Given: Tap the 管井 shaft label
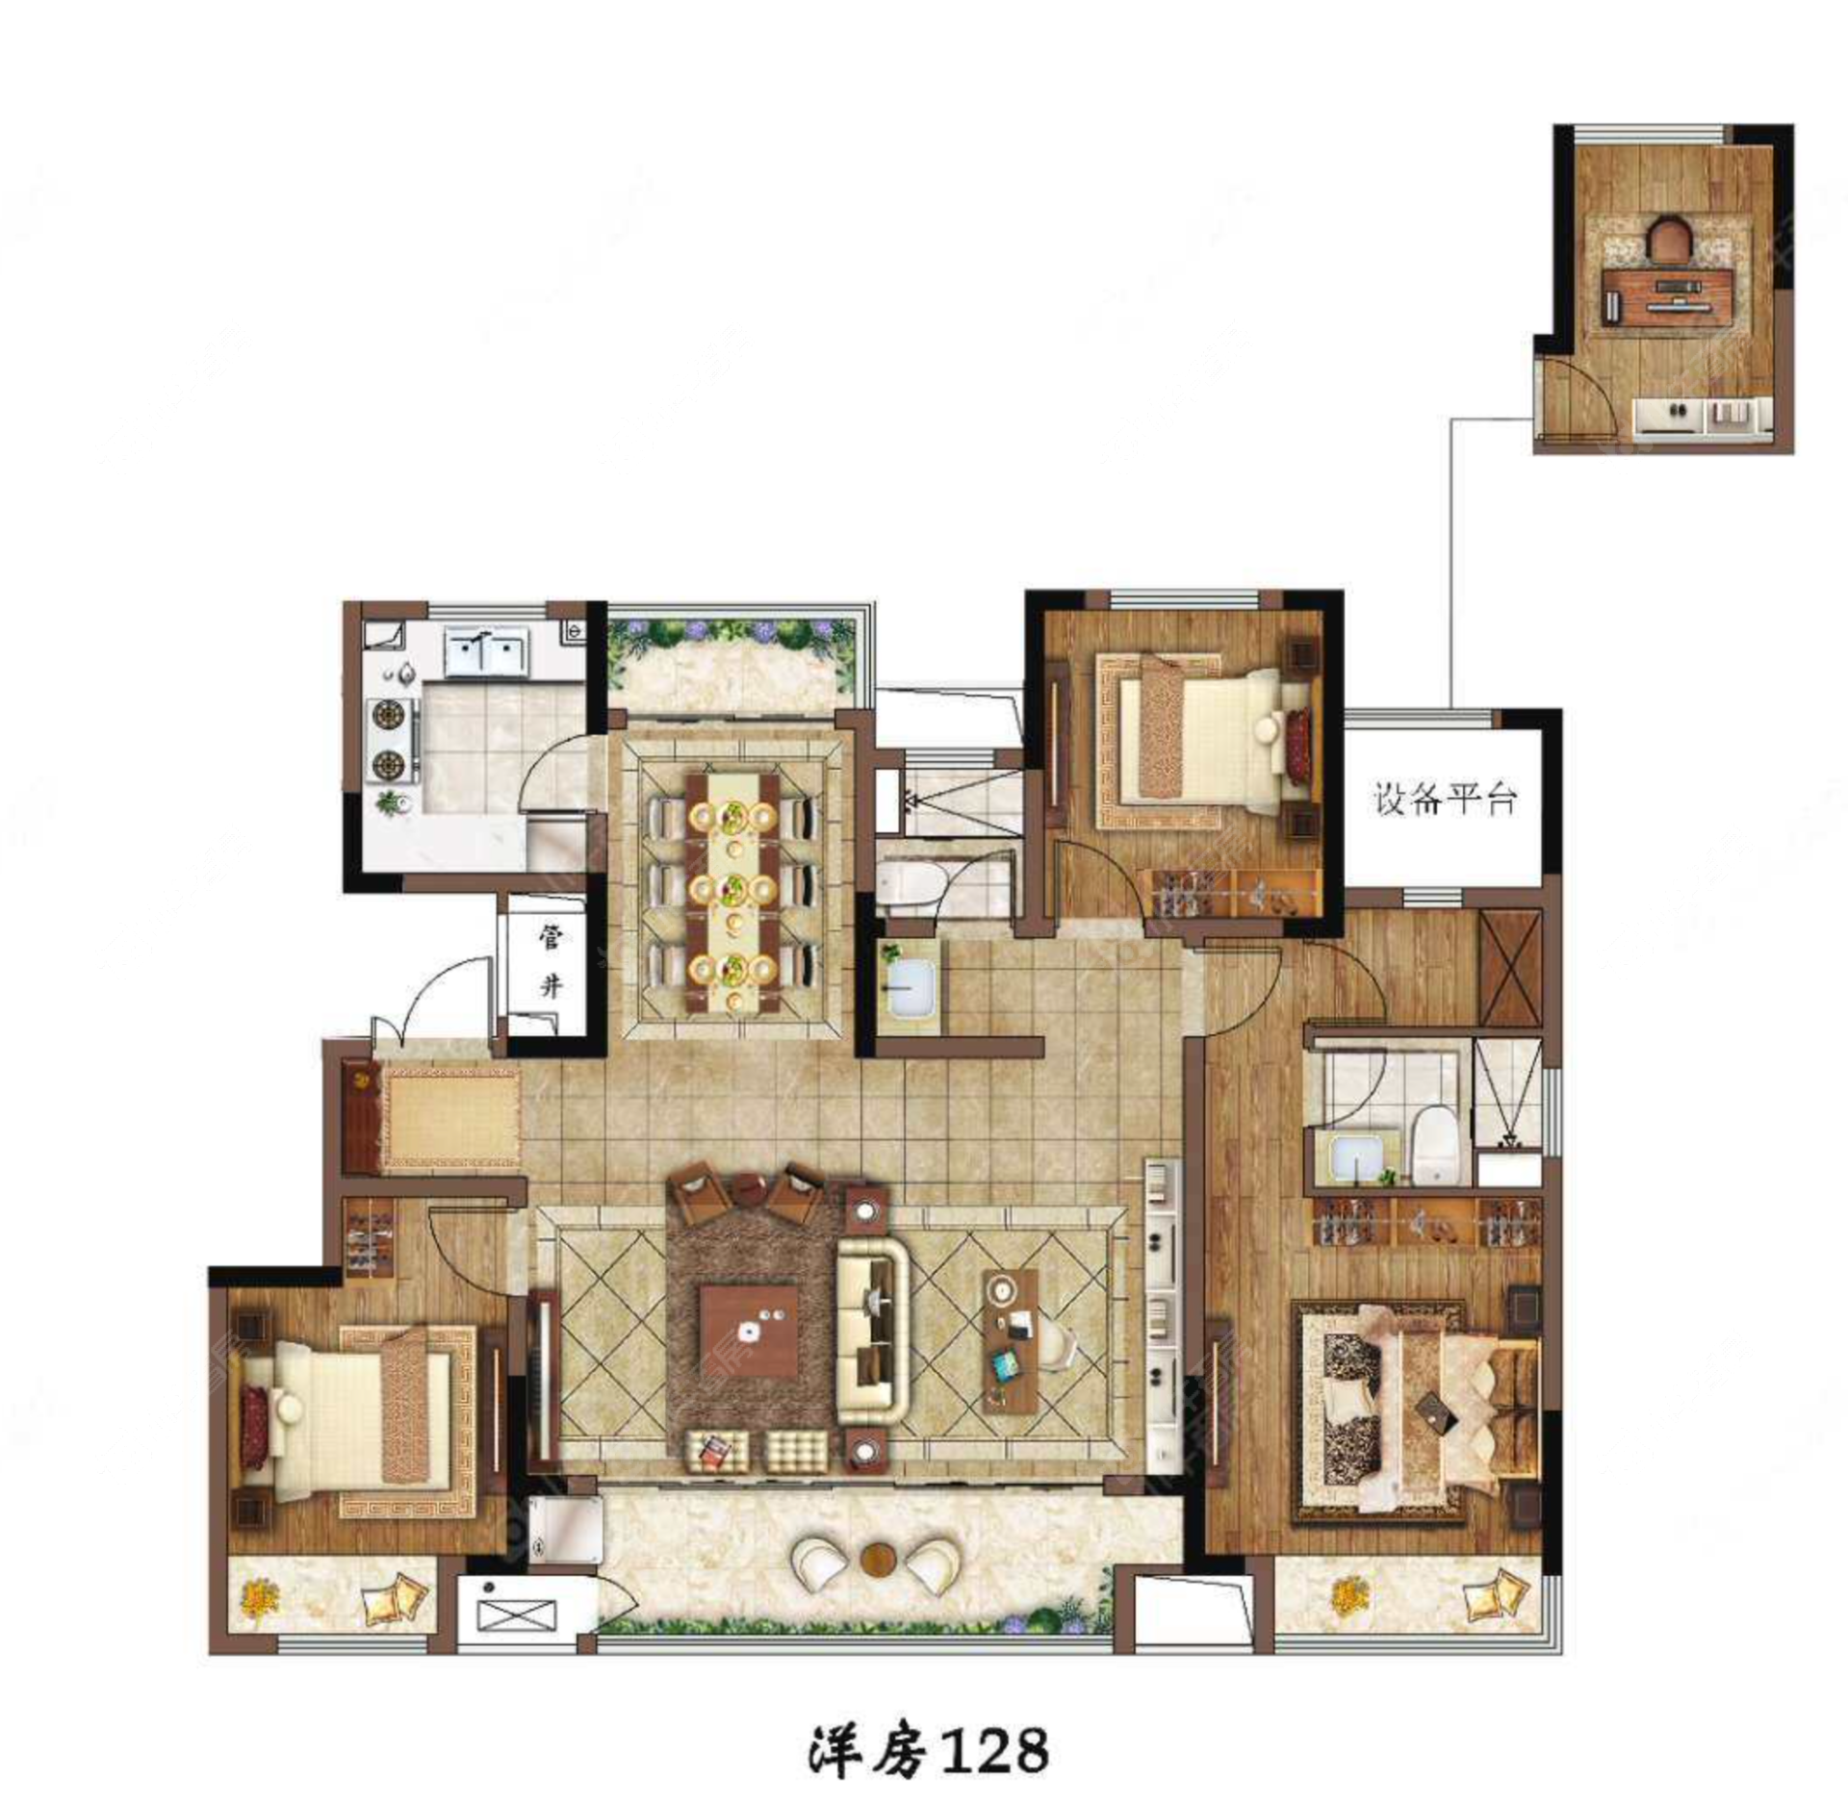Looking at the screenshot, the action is coord(550,961).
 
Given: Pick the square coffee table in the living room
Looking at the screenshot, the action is coord(748,1332).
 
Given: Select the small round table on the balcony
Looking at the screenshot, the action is coord(878,1558).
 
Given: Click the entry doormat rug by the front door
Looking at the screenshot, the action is coord(450,1118).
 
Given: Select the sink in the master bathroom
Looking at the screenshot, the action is coord(1356,1159).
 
